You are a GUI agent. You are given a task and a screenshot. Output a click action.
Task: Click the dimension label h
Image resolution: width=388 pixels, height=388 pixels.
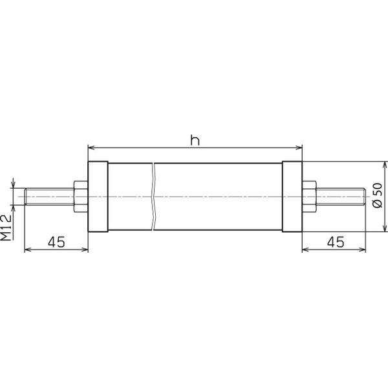pyautogui.click(x=194, y=139)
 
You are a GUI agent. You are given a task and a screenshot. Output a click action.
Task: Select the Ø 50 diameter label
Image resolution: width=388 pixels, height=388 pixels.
pyautogui.click(x=378, y=196)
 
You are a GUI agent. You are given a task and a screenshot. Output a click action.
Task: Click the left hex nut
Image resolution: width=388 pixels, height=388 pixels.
pyautogui.click(x=81, y=196)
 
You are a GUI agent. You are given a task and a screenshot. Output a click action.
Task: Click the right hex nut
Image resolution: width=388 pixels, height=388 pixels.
pyautogui.click(x=308, y=196)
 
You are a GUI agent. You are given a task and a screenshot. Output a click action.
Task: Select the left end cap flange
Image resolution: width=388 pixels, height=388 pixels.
pyautogui.click(x=97, y=196)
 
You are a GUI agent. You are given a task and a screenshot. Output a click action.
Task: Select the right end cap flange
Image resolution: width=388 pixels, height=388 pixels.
pyautogui.click(x=292, y=196)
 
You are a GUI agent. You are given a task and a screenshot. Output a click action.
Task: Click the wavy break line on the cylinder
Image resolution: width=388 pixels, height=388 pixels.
pyautogui.click(x=155, y=196)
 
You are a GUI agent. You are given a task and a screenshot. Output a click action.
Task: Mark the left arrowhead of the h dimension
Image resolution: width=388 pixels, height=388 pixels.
pyautogui.click(x=91, y=147)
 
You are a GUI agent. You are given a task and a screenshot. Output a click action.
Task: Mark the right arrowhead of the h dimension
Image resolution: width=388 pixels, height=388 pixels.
pyautogui.click(x=298, y=147)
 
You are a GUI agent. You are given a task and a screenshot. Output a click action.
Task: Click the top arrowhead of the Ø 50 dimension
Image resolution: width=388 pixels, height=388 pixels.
pyautogui.click(x=385, y=164)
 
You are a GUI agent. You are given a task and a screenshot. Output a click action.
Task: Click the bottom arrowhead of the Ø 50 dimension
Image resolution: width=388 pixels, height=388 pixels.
pyautogui.click(x=385, y=228)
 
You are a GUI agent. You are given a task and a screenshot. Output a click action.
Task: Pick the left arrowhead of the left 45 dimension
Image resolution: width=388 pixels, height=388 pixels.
pyautogui.click(x=28, y=250)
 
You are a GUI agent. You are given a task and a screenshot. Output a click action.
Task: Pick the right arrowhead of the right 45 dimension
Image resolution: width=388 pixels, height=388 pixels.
pyautogui.click(x=363, y=250)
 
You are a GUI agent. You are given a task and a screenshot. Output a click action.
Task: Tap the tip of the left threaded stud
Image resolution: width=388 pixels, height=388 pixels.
pyautogui.click(x=25, y=196)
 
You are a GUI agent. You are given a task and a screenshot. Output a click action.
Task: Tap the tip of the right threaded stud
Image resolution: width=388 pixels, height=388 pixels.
pyautogui.click(x=365, y=196)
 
